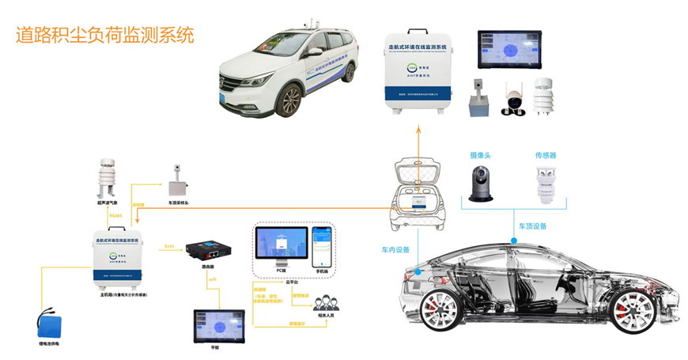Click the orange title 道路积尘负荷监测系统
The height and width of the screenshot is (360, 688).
coord(105,36)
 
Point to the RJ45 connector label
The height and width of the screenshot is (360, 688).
coord(168,246)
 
